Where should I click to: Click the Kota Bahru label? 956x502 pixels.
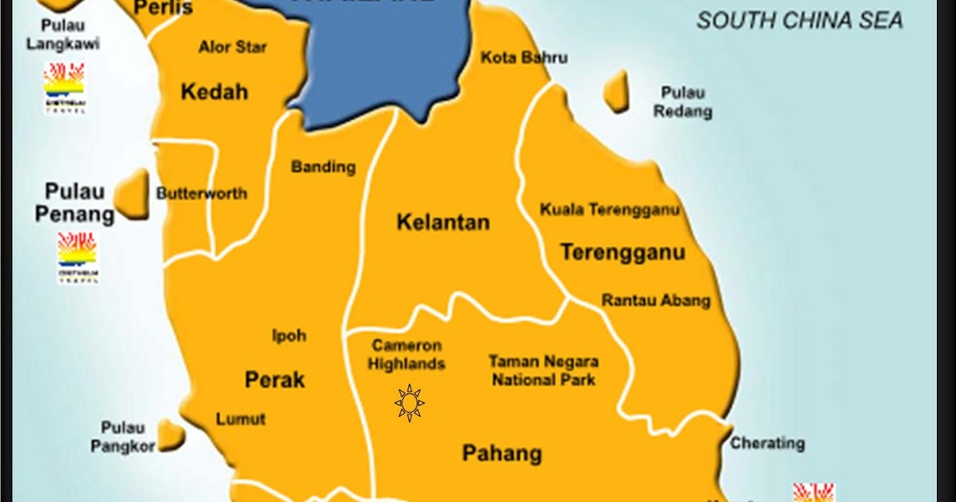tap(524, 58)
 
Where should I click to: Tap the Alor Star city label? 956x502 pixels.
tap(233, 47)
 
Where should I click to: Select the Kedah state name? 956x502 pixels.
tap(214, 92)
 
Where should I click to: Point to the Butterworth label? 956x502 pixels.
tap(202, 194)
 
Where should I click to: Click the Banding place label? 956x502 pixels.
tap(323, 167)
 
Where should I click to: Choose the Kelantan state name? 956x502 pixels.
tap(443, 222)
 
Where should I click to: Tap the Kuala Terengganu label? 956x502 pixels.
tap(609, 210)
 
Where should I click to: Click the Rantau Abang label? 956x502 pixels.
tap(656, 301)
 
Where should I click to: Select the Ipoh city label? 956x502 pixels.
tap(289, 335)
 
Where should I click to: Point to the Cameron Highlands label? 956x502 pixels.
tap(407, 355)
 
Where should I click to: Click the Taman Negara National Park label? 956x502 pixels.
tap(543, 371)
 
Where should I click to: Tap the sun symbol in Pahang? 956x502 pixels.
tap(409, 403)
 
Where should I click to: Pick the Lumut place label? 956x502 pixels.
tap(241, 419)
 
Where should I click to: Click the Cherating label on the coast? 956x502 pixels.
tap(767, 443)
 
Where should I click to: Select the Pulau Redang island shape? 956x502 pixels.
tap(616, 91)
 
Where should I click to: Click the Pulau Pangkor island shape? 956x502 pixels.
tap(170, 435)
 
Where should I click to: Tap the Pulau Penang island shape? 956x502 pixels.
tap(133, 194)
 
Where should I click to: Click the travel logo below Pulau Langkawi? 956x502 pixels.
tap(65, 87)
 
